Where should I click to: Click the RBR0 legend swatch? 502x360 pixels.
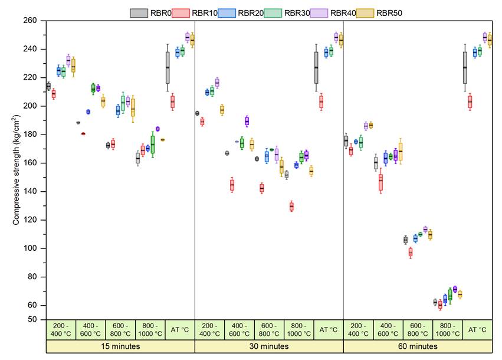point(139,12)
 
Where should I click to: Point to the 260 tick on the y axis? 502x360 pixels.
point(29,21)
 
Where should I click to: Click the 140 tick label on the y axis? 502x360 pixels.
point(29,192)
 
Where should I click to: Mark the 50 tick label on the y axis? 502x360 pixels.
point(32,320)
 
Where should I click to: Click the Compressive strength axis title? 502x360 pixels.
point(17,170)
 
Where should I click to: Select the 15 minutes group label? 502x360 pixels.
point(120,346)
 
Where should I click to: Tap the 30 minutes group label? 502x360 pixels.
point(269,346)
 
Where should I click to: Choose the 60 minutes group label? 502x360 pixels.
point(418,346)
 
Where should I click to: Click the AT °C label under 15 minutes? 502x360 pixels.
point(180,329)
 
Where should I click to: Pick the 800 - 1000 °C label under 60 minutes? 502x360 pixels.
point(448,329)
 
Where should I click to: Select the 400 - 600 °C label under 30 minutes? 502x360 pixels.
point(239,329)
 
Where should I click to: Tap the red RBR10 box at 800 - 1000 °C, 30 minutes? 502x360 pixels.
point(291,207)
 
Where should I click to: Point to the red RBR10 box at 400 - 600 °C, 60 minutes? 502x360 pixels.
point(380,182)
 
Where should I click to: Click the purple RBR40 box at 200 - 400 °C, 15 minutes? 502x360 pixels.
point(68,60)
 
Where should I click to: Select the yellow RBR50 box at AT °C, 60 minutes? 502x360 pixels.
point(489,40)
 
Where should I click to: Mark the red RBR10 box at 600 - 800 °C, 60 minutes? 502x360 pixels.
point(411,252)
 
